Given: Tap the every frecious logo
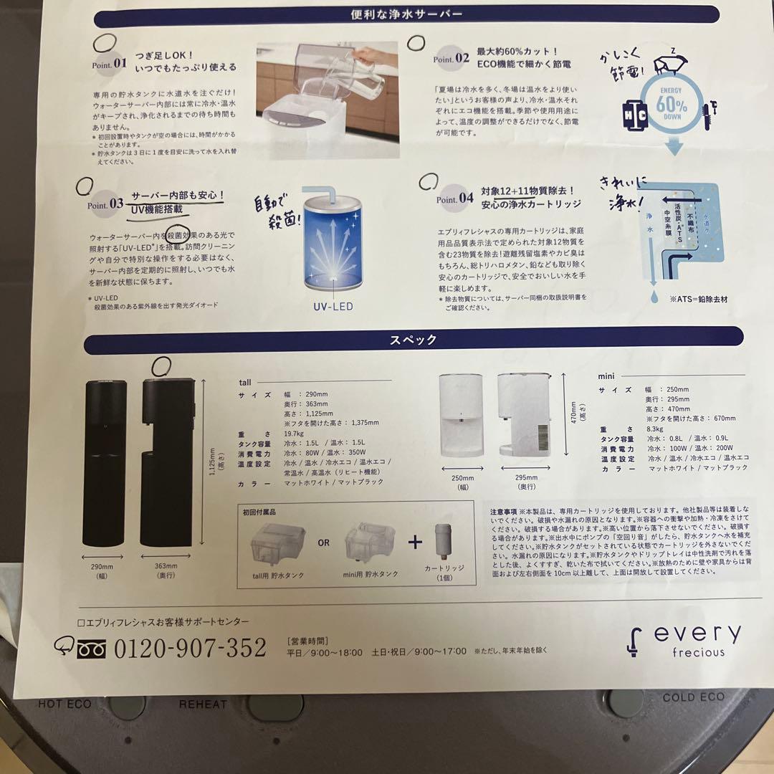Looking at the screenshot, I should click(x=684, y=640).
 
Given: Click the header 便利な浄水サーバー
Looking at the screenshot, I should click(x=406, y=13).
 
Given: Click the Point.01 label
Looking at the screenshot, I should click(x=109, y=63).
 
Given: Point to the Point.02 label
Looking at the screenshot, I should click(x=452, y=59).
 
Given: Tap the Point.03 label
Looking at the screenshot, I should click(x=105, y=204).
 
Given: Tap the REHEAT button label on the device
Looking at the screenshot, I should click(x=203, y=704).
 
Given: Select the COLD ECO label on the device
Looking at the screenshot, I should click(x=694, y=697).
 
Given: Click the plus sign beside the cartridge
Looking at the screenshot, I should click(x=416, y=542).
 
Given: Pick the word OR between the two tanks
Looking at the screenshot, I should click(x=324, y=543).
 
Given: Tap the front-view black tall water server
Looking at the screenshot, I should click(x=105, y=462).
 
